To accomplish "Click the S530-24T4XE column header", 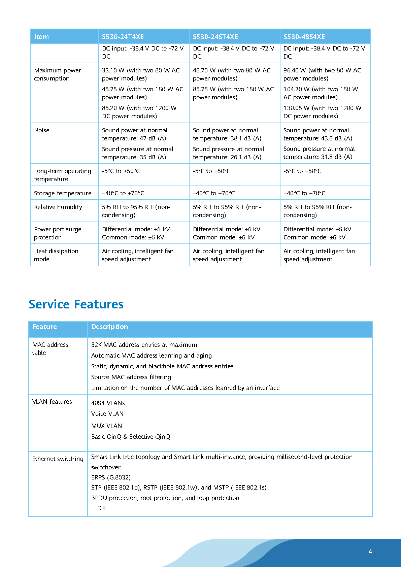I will pyautogui.click(x=123, y=37).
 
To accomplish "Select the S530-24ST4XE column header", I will pyautogui.click(x=215, y=37).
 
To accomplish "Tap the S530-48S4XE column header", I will pyautogui.click(x=304, y=37).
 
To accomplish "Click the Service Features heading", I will pyautogui.click(x=76, y=304).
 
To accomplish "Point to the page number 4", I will pyautogui.click(x=370, y=551).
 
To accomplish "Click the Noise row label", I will pyautogui.click(x=42, y=130).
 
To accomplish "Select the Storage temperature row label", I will pyautogui.click(x=63, y=193).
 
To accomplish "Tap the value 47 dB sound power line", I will pyautogui.click(x=134, y=134).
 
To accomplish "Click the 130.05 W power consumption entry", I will pyautogui.click(x=322, y=112).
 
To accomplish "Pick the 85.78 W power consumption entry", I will pyautogui.click(x=233, y=93).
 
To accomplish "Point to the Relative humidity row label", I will pyautogui.click(x=58, y=207).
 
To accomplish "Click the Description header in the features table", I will pyautogui.click(x=109, y=327).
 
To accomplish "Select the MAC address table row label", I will pyautogui.click(x=50, y=348).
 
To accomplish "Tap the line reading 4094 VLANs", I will pyautogui.click(x=108, y=403).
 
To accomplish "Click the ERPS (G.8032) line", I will pyautogui.click(x=111, y=477).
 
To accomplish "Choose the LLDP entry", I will pyautogui.click(x=98, y=508).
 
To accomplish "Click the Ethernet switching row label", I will pyautogui.click(x=58, y=459).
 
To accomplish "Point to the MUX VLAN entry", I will pyautogui.click(x=106, y=426).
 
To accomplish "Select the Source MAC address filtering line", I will pyautogui.click(x=131, y=377).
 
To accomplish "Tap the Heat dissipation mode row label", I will pyautogui.click(x=56, y=255).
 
